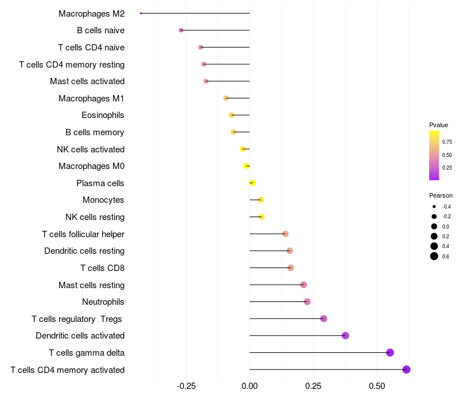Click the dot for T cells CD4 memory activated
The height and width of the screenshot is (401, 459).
pyautogui.click(x=406, y=369)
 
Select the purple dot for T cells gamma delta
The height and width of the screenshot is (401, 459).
pyautogui.click(x=390, y=352)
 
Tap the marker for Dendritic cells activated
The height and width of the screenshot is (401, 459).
pyautogui.click(x=345, y=336)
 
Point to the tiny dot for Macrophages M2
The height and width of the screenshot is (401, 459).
pyautogui.click(x=141, y=13)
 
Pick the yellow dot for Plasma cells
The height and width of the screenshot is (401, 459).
pyautogui.click(x=252, y=183)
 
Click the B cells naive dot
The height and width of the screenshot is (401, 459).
pyautogui.click(x=181, y=30)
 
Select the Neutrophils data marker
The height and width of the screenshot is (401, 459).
pyautogui.click(x=307, y=302)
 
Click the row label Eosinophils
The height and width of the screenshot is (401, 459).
pyautogui.click(x=103, y=115)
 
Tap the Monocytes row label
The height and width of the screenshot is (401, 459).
pyautogui.click(x=103, y=200)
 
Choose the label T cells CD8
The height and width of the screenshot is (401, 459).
pyautogui.click(x=102, y=268)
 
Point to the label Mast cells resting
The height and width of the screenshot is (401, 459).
pyautogui.click(x=91, y=285)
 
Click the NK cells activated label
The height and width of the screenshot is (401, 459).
pyautogui.click(x=91, y=150)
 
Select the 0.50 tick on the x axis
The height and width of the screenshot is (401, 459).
pyautogui.click(x=377, y=387)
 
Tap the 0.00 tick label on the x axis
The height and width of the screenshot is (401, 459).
pyautogui.click(x=250, y=387)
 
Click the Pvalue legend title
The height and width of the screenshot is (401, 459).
pyautogui.click(x=438, y=125)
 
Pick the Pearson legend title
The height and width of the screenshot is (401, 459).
pyautogui.click(x=441, y=195)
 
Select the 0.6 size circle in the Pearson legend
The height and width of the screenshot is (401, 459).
pyautogui.click(x=434, y=256)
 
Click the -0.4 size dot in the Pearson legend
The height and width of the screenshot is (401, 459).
pyautogui.click(x=434, y=206)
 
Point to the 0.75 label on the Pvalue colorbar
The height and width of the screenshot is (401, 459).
pyautogui.click(x=447, y=141)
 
